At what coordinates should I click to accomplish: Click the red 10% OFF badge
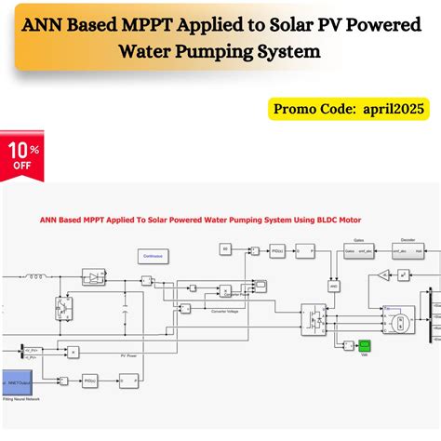pyautogui.click(x=22, y=155)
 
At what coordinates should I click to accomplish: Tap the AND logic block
pyautogui.click(x=332, y=285)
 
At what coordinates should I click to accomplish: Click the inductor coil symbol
pyautogui.click(x=41, y=275)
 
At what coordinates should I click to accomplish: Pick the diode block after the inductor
pyautogui.click(x=95, y=277)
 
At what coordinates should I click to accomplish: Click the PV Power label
pyautogui.click(x=127, y=354)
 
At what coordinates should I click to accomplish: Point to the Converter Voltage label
pyautogui.click(x=227, y=312)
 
